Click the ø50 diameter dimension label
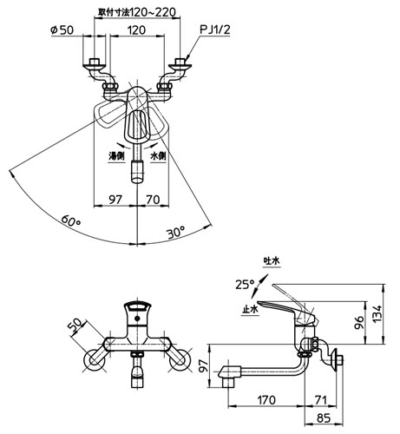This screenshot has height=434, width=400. tap(62, 30)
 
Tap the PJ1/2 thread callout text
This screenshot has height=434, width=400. tap(215, 30)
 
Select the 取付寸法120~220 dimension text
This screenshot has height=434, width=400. tap(137, 12)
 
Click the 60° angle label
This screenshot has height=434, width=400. tap(71, 221)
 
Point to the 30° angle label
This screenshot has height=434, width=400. tap(175, 232)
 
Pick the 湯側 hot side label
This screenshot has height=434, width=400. tap(116, 156)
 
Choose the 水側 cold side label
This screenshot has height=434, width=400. tap(158, 156)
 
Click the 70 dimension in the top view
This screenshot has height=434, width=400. tap(153, 200)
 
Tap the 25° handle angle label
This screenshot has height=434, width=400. tap(245, 285)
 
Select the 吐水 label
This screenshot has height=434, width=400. tap(272, 261)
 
